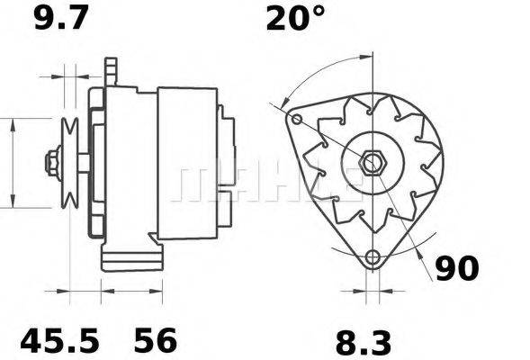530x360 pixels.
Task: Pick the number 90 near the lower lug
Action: (x=456, y=268)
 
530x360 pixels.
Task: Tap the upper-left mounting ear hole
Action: (x=294, y=118)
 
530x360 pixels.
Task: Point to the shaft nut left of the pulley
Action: (x=52, y=164)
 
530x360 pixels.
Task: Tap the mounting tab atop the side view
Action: (x=111, y=70)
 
